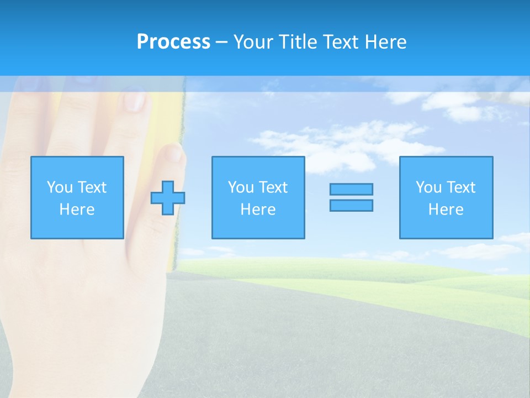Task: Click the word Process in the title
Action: tap(173, 42)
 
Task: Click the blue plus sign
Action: tap(168, 197)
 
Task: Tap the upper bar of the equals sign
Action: tap(351, 189)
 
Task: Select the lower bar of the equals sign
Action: tap(351, 205)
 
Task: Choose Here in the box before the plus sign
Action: tap(77, 210)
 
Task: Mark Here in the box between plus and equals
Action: tap(258, 210)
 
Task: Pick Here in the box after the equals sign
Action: tap(446, 210)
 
